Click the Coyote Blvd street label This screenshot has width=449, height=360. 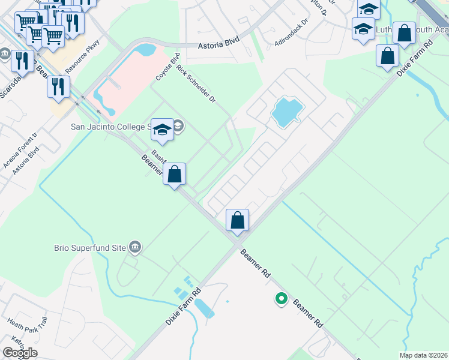point(168,67)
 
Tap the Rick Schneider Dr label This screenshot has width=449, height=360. point(196,85)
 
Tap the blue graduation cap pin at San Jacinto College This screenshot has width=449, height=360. point(162,128)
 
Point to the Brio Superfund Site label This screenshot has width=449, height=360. point(98,247)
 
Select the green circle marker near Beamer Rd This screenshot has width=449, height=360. point(280,298)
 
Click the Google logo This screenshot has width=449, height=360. point(20,353)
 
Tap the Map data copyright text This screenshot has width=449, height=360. point(423,355)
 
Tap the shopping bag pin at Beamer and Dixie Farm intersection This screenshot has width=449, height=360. point(238,220)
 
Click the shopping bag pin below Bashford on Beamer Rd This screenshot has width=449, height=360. point(174,175)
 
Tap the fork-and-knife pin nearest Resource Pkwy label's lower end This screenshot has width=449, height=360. point(58,86)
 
